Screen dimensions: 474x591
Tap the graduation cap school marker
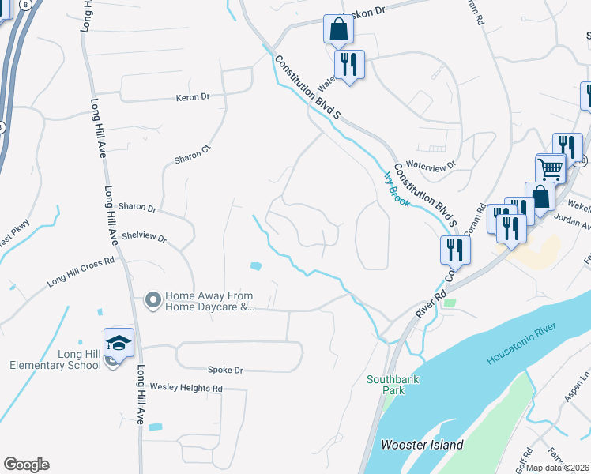tap(119, 342)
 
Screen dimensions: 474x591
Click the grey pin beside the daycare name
tap(153, 300)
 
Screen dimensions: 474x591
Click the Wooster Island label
tap(422, 445)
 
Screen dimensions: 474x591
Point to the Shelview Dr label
tap(145, 237)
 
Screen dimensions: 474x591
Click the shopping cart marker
tap(551, 167)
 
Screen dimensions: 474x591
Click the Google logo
tap(26, 465)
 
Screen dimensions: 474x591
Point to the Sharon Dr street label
tap(137, 207)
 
